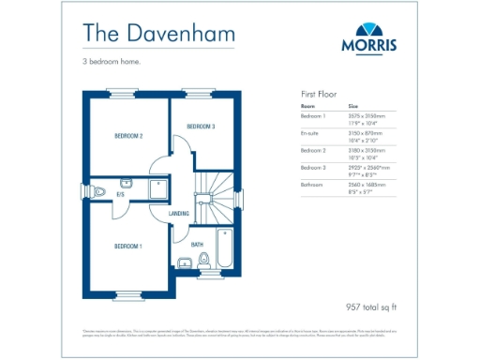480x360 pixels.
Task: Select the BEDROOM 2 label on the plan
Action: tap(128, 137)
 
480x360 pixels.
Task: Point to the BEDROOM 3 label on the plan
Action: tap(201, 127)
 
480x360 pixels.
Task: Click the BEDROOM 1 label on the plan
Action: tap(128, 247)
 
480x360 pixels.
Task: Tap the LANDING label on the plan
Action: tap(179, 214)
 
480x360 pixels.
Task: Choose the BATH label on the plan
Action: tap(198, 245)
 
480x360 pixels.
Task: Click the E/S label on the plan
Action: tap(120, 194)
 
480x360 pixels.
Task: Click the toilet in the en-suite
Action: tap(100, 192)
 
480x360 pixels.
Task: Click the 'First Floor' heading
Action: tap(319, 95)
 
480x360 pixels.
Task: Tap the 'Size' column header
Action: tap(353, 107)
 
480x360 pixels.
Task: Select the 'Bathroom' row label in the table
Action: tap(311, 185)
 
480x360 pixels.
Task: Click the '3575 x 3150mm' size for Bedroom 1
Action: tap(367, 116)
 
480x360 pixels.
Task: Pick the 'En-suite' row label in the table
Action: tap(310, 133)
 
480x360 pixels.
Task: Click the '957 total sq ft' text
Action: tap(372, 307)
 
